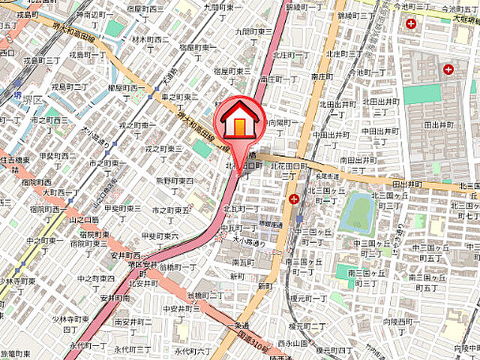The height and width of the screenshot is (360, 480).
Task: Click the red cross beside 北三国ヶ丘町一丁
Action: [x=292, y=199]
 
